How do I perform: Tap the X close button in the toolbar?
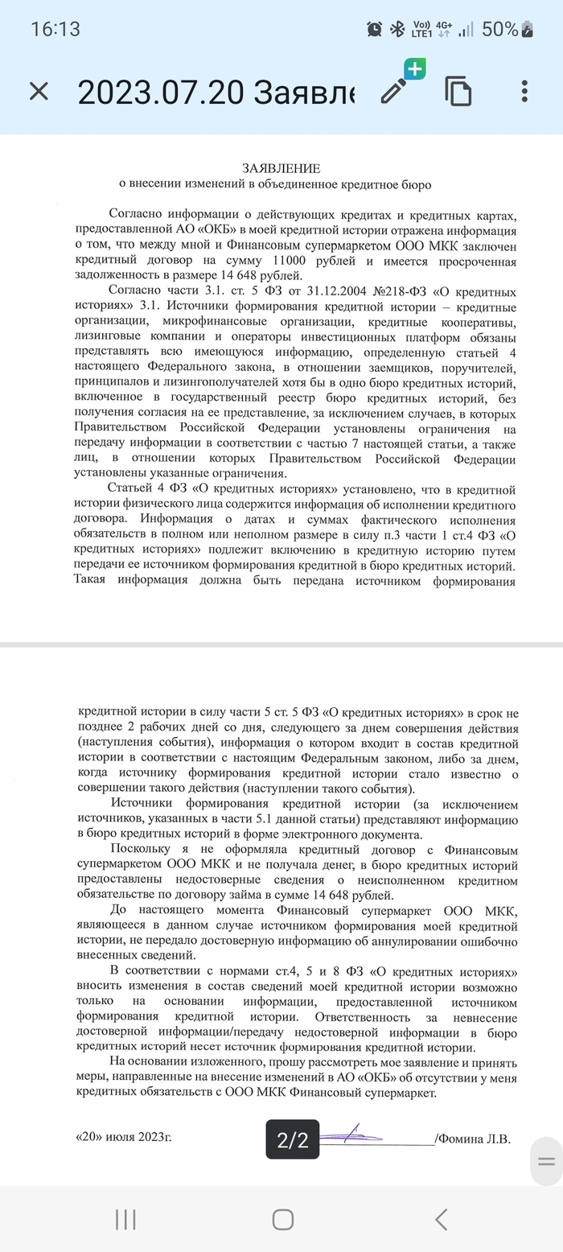click(x=39, y=92)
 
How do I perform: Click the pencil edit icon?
click(x=394, y=91)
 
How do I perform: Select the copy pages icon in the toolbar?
click(x=458, y=92)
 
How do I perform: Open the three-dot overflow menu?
click(x=524, y=91)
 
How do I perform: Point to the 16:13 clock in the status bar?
click(x=55, y=30)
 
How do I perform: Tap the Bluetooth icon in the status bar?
click(x=397, y=30)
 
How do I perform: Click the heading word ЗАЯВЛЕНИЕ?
click(x=281, y=168)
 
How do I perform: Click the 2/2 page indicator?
click(x=293, y=1139)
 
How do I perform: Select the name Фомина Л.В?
click(x=475, y=1139)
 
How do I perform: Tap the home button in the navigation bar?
click(x=282, y=1219)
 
